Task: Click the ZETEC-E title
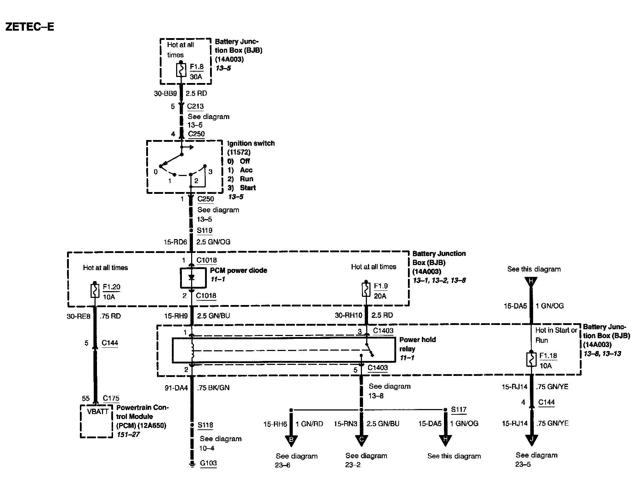tap(30, 27)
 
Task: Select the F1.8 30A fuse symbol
tap(182, 69)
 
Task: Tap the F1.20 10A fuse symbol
tap(95, 290)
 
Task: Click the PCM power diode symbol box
tap(193, 278)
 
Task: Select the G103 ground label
tap(208, 463)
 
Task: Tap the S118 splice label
tap(205, 425)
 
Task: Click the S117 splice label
tap(459, 410)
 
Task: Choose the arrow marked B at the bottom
tap(291, 440)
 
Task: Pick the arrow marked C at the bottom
tap(361, 440)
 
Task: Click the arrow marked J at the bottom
tap(531, 440)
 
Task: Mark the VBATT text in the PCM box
tap(98, 412)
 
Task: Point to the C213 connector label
tap(195, 106)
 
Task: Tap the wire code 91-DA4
tap(176, 388)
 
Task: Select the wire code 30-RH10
tap(348, 315)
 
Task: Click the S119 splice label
tap(205, 231)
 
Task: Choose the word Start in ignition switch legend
tap(248, 188)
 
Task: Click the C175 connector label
tap(111, 398)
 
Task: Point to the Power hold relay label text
tap(417, 344)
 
